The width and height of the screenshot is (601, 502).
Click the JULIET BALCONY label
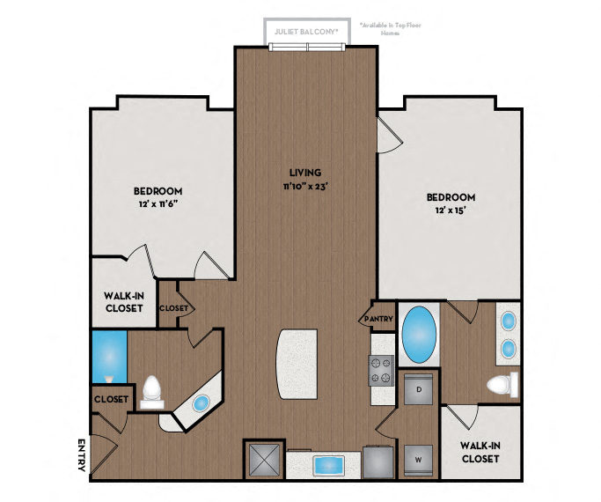306,30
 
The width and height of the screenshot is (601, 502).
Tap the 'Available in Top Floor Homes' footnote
391,28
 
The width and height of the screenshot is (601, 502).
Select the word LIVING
306,172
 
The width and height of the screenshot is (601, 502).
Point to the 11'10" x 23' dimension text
306,186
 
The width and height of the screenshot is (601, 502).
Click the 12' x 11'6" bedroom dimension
158,205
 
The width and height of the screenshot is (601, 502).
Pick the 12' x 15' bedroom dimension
450,211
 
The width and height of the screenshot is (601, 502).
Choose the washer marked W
419,457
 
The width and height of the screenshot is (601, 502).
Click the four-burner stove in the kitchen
380,370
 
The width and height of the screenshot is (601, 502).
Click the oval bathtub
419,334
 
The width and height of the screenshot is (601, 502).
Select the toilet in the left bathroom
153,390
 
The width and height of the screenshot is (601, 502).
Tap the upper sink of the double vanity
508,322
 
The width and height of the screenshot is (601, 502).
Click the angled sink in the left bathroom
201,403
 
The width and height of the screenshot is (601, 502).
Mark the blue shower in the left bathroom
109,357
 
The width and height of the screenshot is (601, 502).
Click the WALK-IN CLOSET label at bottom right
480,452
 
